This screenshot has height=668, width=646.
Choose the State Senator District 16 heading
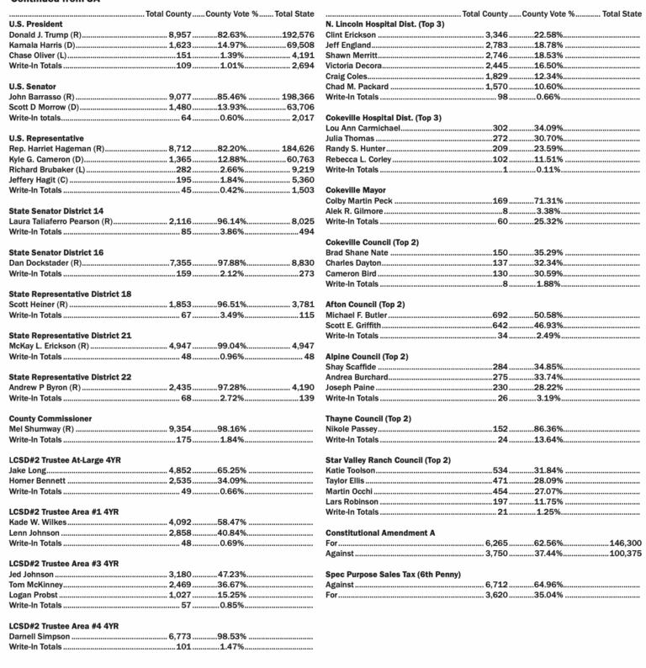(56, 252)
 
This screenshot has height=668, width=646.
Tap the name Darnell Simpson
(39, 637)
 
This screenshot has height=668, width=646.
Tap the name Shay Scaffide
(349, 366)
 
